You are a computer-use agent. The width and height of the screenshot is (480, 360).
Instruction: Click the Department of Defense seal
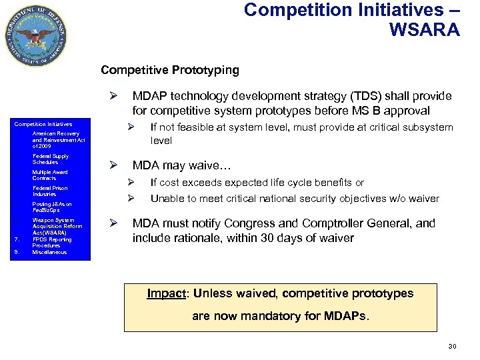(x=36, y=35)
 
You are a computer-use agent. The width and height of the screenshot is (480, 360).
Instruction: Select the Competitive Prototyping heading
(x=169, y=70)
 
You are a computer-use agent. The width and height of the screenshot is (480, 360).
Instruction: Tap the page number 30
(x=452, y=346)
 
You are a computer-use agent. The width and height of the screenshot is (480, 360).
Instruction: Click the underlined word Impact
(x=163, y=293)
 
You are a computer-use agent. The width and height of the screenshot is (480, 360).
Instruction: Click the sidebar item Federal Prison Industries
(x=49, y=191)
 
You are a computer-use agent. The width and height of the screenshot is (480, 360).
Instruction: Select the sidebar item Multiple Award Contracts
(x=49, y=175)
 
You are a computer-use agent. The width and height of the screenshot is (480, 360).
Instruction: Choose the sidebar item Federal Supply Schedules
(x=50, y=159)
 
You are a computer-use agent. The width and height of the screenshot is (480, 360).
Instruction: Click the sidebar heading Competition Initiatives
(x=43, y=124)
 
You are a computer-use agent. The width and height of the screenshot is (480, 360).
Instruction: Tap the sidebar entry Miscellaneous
(x=49, y=252)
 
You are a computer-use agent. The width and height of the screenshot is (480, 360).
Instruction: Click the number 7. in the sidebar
(x=17, y=239)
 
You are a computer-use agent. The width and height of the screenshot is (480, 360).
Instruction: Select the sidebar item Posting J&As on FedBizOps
(x=51, y=207)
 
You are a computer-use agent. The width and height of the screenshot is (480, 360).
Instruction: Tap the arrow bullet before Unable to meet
(x=131, y=198)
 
